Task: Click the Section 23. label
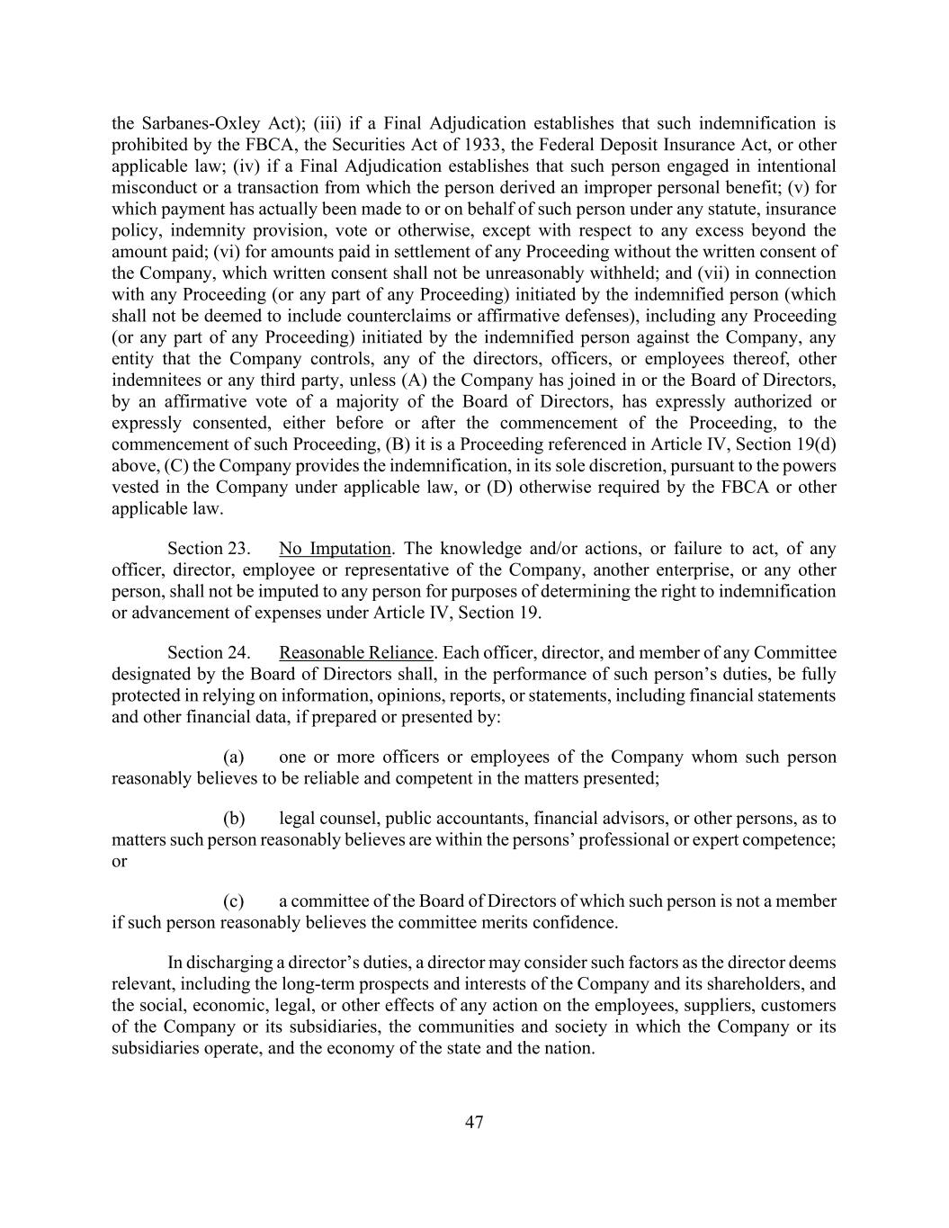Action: point(209,549)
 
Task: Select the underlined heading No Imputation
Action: point(335,549)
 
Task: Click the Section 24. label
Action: point(209,653)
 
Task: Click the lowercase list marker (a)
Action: point(234,757)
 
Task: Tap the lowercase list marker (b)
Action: point(234,819)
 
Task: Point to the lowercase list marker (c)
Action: point(234,901)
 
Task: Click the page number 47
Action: point(474,1123)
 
